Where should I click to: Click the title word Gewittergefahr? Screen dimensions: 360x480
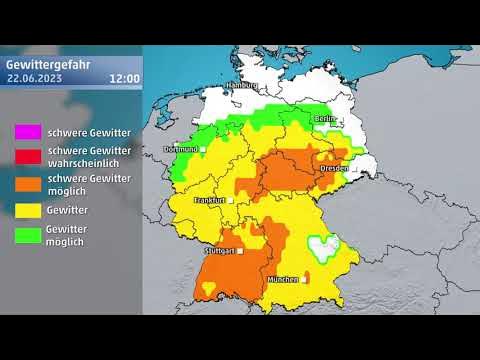tap(49, 62)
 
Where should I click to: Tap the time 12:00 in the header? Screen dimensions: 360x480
tap(124, 76)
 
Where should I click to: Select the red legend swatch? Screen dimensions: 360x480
tap(27, 156)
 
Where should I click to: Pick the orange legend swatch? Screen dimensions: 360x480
tap(27, 183)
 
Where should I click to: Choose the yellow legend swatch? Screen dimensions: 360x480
tap(27, 210)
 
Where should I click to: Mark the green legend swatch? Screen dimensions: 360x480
tap(27, 236)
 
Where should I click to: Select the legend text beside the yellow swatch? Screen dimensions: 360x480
tap(65, 210)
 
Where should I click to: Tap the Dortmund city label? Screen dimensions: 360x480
tap(180, 149)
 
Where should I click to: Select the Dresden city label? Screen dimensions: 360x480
tap(334, 169)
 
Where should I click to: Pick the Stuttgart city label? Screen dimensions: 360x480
tap(219, 251)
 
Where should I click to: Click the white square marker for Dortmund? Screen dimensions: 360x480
tap(202, 149)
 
